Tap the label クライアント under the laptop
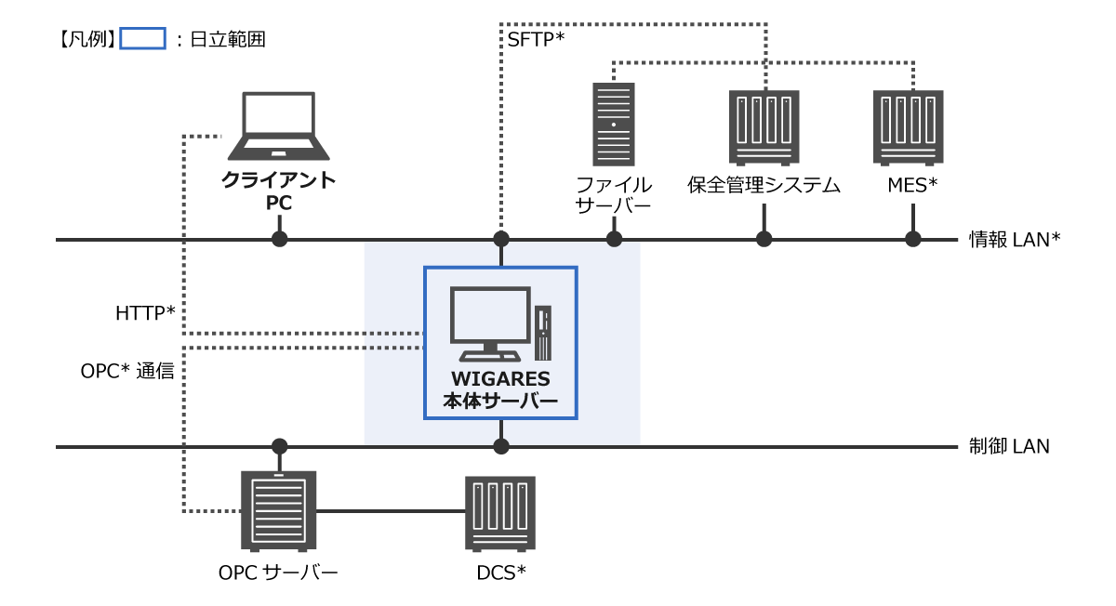coord(278,179)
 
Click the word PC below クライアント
coord(278,203)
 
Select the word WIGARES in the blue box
coord(500,379)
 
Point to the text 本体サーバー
coord(500,402)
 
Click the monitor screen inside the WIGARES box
coord(490,314)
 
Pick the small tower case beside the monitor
coord(543,333)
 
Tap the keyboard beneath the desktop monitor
coord(490,356)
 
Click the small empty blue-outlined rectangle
coord(142,38)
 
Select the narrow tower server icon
coord(614,125)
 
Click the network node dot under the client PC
coord(279,239)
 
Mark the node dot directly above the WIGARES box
coord(501,239)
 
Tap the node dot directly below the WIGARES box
coord(501,446)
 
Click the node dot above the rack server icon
coord(279,446)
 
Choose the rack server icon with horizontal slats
coord(279,510)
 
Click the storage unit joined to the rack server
coord(500,513)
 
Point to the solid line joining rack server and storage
coord(391,511)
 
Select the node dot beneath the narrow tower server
coord(614,239)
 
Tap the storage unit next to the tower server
coord(764,127)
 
